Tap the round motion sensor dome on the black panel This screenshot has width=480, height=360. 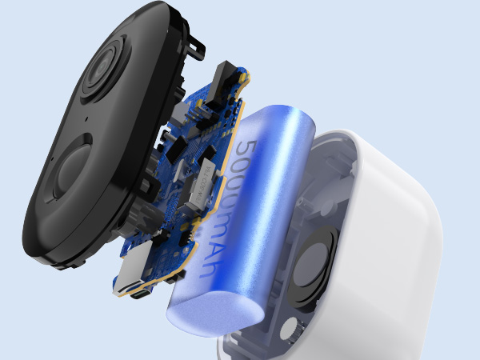coord(74,171)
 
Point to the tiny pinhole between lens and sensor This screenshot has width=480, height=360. coord(86,118)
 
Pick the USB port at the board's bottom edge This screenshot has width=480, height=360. coord(140,294)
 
